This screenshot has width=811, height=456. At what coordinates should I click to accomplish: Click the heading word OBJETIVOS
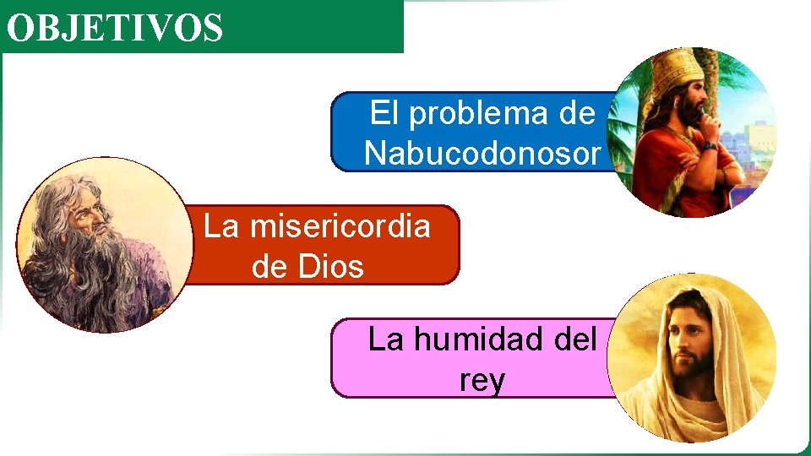point(115,27)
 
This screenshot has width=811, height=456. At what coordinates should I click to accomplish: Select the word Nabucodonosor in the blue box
point(483,154)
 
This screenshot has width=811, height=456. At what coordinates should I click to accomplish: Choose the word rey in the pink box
point(482,380)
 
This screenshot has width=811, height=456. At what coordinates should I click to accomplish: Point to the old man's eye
point(90,210)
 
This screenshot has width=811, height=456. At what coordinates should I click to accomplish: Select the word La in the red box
point(220,226)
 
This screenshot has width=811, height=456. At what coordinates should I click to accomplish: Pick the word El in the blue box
point(384,113)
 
